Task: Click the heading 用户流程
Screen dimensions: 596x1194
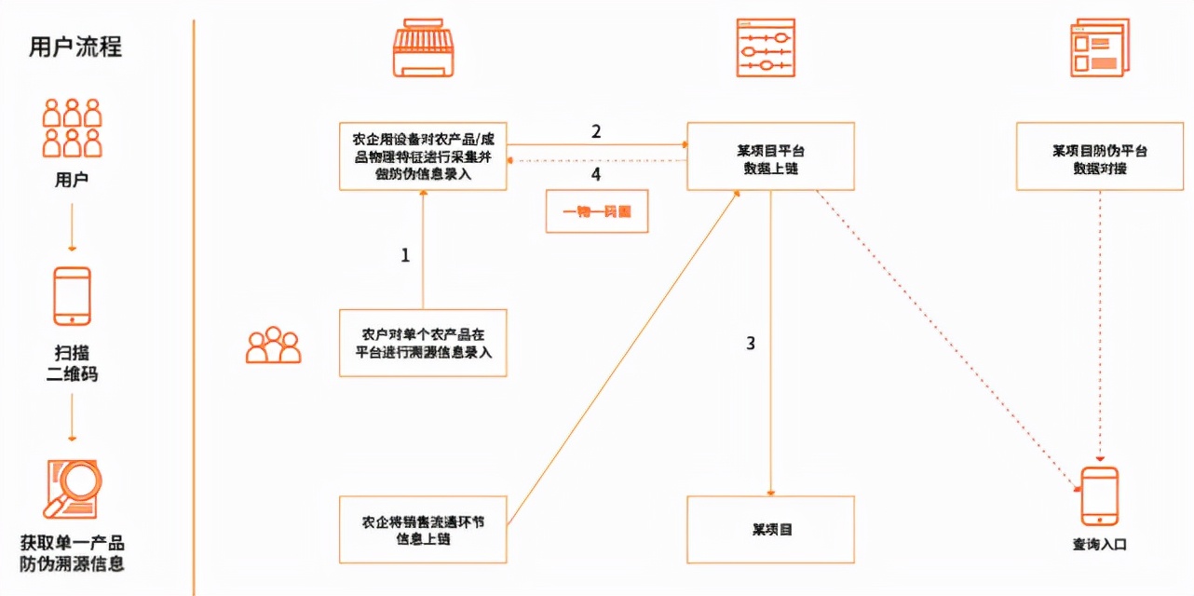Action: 75,47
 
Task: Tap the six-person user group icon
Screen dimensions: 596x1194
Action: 72,128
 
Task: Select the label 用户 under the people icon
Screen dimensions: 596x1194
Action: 72,180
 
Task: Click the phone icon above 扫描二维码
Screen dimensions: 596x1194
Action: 72,296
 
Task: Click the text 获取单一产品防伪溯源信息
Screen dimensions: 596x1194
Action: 72,553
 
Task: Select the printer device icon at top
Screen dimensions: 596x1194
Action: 424,47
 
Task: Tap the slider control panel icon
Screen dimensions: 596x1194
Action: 765,47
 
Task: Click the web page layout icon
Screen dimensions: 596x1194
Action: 1098,49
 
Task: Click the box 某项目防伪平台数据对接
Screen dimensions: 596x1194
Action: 1099,156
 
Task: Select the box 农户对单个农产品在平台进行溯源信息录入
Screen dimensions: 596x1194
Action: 423,343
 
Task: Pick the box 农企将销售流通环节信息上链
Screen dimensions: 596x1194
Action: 423,529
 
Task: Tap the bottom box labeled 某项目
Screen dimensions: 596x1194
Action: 770,529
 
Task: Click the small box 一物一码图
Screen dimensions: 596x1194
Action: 596,211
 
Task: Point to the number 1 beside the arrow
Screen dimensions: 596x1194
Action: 405,254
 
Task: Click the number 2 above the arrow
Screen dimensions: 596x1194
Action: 596,131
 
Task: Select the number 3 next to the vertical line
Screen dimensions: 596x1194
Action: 751,343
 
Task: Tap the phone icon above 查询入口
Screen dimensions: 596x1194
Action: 1099,496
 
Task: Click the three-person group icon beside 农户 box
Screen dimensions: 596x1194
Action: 273,345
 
